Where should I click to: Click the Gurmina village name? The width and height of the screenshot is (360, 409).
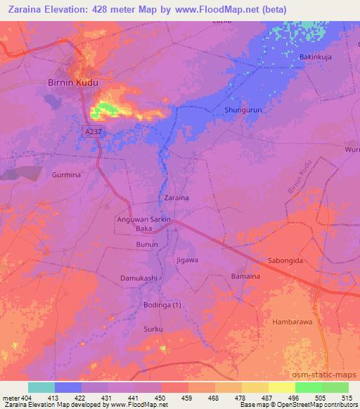(67, 175)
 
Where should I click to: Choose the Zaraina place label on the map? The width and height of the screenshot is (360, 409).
(176, 198)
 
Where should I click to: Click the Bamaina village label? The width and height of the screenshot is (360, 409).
(246, 277)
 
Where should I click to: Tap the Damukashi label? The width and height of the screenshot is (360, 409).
(138, 278)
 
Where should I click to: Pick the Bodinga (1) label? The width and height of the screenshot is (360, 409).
(162, 304)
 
